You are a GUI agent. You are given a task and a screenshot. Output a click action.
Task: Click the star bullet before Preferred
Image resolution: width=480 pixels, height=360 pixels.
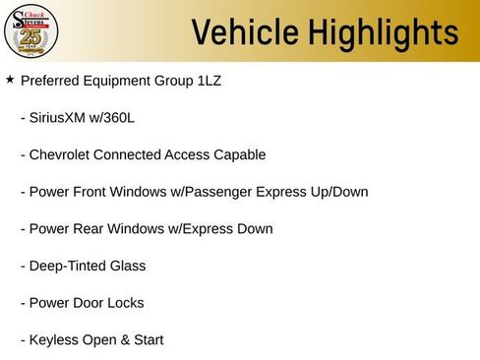10,80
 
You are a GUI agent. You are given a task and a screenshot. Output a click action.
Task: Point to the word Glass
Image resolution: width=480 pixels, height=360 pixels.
128,266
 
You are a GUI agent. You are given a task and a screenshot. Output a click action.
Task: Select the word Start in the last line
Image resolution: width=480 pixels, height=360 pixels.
147,340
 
